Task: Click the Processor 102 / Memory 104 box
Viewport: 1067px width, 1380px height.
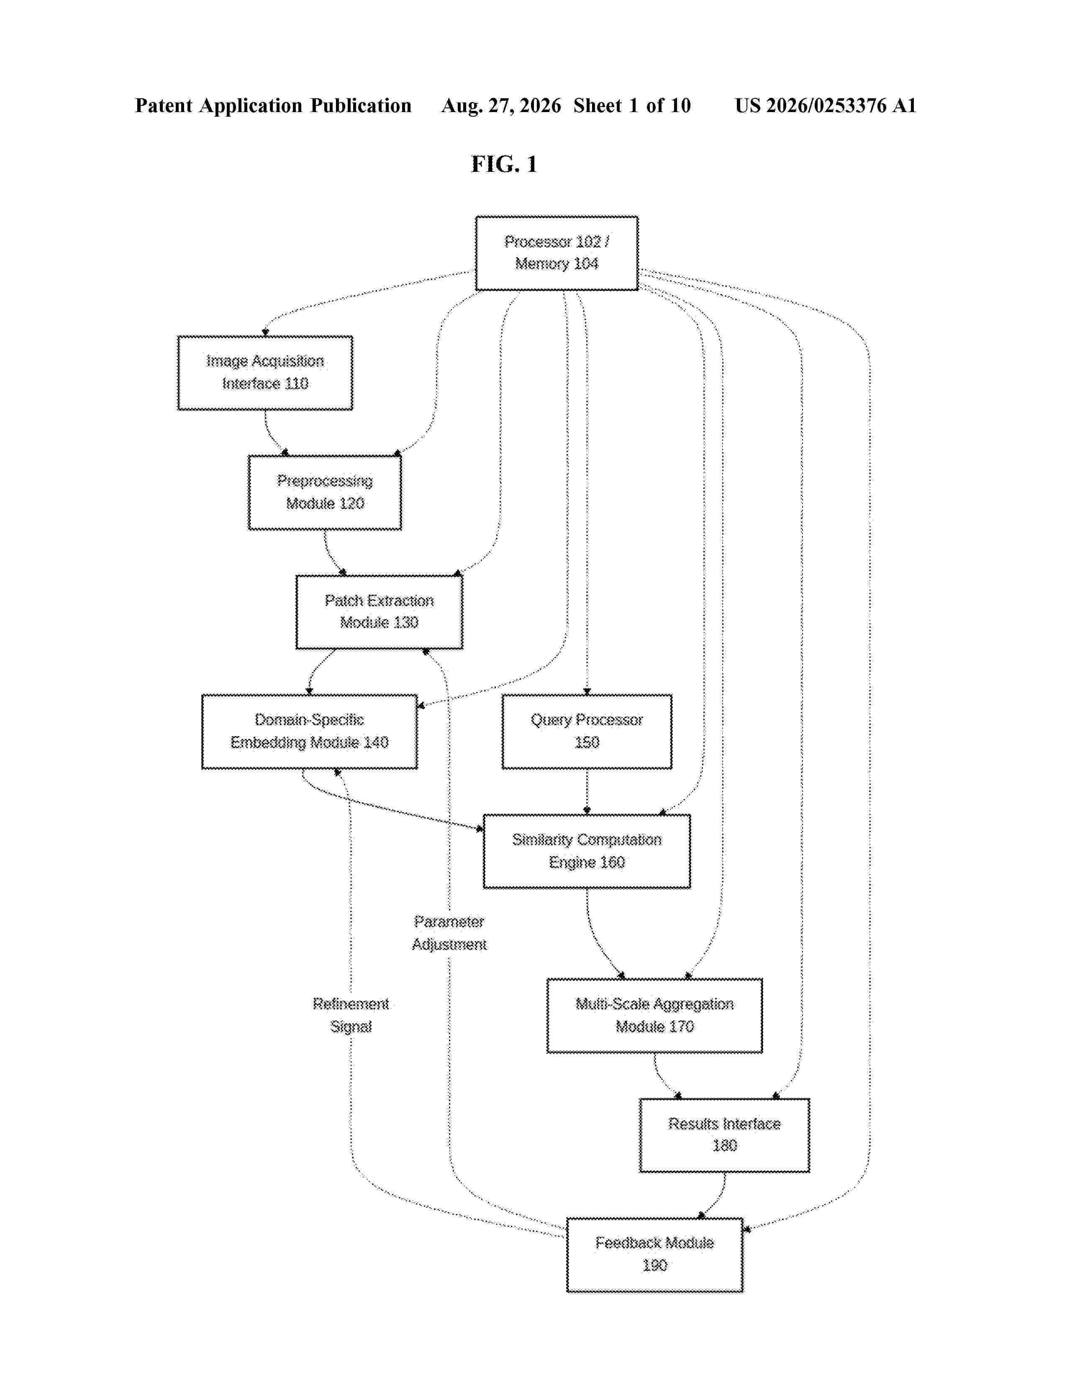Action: [556, 253]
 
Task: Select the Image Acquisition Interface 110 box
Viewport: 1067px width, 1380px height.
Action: [265, 373]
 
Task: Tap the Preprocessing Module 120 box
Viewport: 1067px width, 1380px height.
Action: [325, 492]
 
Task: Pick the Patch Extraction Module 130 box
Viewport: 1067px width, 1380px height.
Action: [379, 612]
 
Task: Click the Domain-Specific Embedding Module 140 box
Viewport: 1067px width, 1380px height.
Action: [310, 732]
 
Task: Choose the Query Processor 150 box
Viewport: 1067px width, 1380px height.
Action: [587, 732]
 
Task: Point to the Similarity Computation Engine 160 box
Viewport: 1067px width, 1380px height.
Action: [587, 851]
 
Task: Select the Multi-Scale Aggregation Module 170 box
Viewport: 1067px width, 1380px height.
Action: [654, 1015]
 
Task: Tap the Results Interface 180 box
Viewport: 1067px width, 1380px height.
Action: [724, 1135]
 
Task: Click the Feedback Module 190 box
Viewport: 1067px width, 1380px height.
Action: [654, 1254]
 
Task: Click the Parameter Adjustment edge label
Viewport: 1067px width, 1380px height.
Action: [449, 933]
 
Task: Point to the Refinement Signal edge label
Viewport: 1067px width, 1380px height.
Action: [351, 1015]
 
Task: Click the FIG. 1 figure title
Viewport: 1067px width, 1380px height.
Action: [504, 164]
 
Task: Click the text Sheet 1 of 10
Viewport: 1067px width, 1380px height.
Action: [632, 105]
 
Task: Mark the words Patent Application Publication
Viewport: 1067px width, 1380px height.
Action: [273, 105]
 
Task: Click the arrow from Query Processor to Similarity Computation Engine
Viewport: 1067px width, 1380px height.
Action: [587, 792]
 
